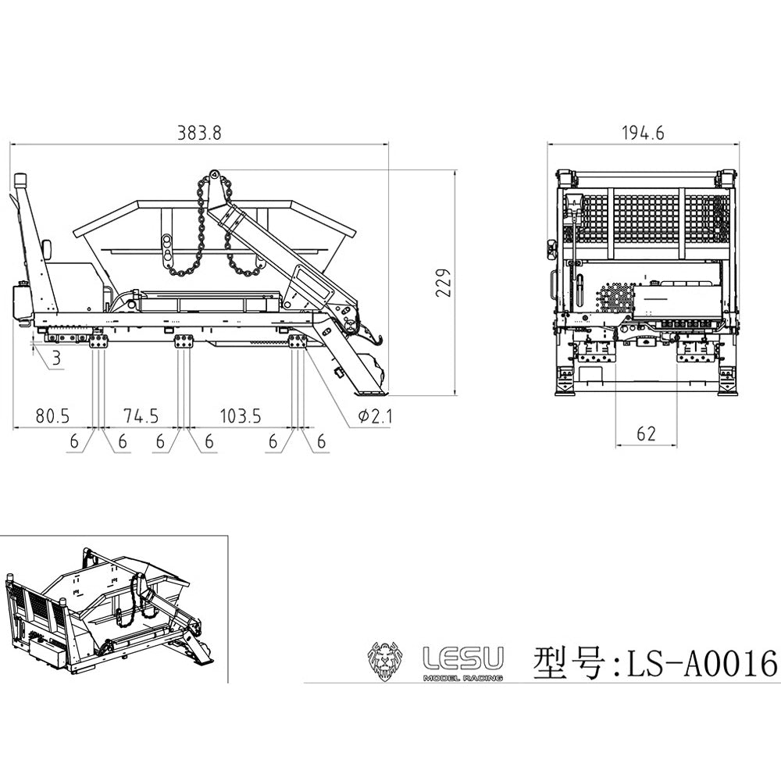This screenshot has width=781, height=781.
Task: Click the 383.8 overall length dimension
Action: pyautogui.click(x=199, y=134)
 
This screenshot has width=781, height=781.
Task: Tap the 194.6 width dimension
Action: pyautogui.click(x=643, y=134)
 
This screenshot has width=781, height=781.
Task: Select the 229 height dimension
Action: pyautogui.click(x=444, y=283)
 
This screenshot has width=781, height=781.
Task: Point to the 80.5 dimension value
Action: pyautogui.click(x=53, y=416)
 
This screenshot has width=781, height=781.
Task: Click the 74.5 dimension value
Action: pyautogui.click(x=141, y=416)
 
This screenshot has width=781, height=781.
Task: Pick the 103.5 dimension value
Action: pyautogui.click(x=241, y=416)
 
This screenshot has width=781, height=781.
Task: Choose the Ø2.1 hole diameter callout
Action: pyautogui.click(x=375, y=416)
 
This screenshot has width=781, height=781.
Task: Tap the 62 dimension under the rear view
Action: pyautogui.click(x=646, y=434)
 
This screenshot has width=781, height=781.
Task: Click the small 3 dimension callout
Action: pyautogui.click(x=56, y=358)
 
